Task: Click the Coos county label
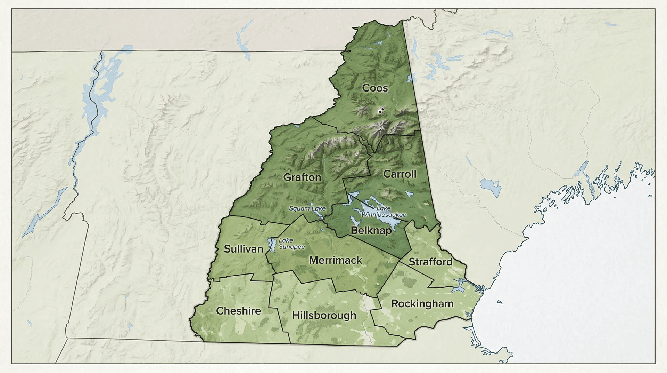[x=375, y=88]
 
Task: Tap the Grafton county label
[x=302, y=177]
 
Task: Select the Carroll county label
[x=400, y=174]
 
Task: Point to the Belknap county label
[x=371, y=230]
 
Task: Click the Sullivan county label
[x=243, y=249]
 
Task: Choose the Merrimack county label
[x=335, y=260]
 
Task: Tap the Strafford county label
[x=430, y=262]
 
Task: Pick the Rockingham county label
[x=422, y=304]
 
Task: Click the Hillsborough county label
[x=324, y=315]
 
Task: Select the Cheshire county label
[x=238, y=311]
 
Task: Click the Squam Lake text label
[x=307, y=208]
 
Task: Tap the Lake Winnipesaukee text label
[x=384, y=212]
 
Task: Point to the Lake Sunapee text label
[x=291, y=244]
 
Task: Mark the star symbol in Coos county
[x=380, y=112]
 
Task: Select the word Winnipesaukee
[x=384, y=215]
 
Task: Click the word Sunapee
[x=291, y=247]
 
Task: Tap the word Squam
[x=299, y=208]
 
